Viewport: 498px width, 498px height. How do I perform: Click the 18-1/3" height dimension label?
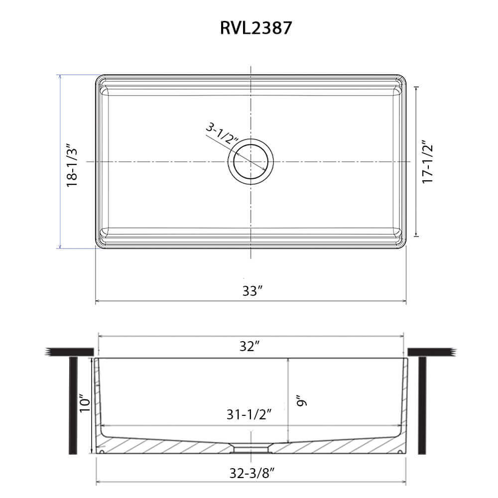[x=73, y=162]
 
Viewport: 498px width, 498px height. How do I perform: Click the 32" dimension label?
[x=250, y=347]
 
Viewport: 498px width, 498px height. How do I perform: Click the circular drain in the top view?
[x=251, y=162]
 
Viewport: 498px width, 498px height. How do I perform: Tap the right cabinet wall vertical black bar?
[x=422, y=406]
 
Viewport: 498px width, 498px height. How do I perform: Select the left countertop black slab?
[x=70, y=352]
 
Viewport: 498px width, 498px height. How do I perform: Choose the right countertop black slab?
[x=431, y=352]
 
